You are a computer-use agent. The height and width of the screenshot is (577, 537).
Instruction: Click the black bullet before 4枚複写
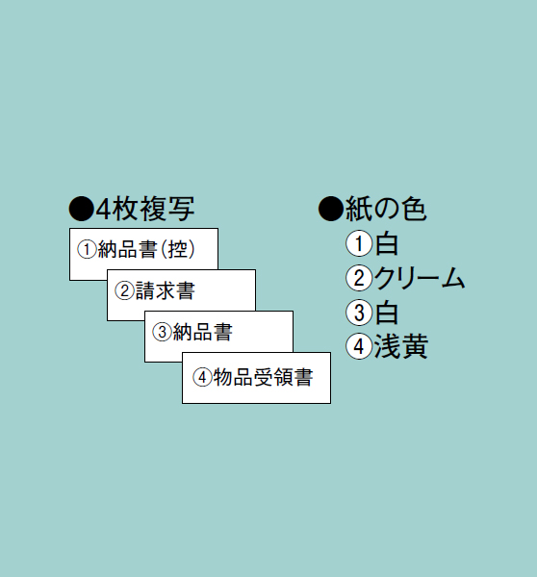coord(81,209)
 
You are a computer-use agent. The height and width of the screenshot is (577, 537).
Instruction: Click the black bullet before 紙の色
coord(331,209)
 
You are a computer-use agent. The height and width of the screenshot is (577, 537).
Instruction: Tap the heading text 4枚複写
coord(145,209)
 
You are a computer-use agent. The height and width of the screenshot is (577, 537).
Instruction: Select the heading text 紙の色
coord(386,209)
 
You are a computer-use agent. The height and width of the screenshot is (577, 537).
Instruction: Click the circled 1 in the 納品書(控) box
coord(87,249)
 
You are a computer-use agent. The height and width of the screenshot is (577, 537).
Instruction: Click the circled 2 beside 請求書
coord(124,290)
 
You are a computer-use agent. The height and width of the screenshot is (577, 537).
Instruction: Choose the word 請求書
coord(165,290)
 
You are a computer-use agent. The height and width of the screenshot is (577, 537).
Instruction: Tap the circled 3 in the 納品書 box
coord(162,332)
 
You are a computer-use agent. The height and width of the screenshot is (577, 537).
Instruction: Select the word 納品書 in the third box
coord(202,332)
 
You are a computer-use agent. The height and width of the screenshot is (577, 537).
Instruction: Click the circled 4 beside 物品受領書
coord(202,377)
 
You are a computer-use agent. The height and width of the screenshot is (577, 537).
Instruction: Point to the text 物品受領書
coord(264,377)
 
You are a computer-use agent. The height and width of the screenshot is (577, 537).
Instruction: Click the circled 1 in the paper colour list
coord(359,243)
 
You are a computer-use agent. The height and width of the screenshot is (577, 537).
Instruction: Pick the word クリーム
coord(420,278)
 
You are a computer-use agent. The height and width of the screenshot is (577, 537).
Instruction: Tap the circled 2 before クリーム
coord(359,278)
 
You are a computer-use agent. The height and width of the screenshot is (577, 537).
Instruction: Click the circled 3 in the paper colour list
coord(359,313)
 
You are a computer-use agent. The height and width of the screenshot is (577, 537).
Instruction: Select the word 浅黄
coord(400,346)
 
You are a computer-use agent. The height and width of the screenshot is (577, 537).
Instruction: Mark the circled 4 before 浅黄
coord(359,346)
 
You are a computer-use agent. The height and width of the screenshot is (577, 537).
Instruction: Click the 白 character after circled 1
coord(386,243)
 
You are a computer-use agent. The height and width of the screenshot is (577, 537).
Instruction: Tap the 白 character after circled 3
coord(386,313)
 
